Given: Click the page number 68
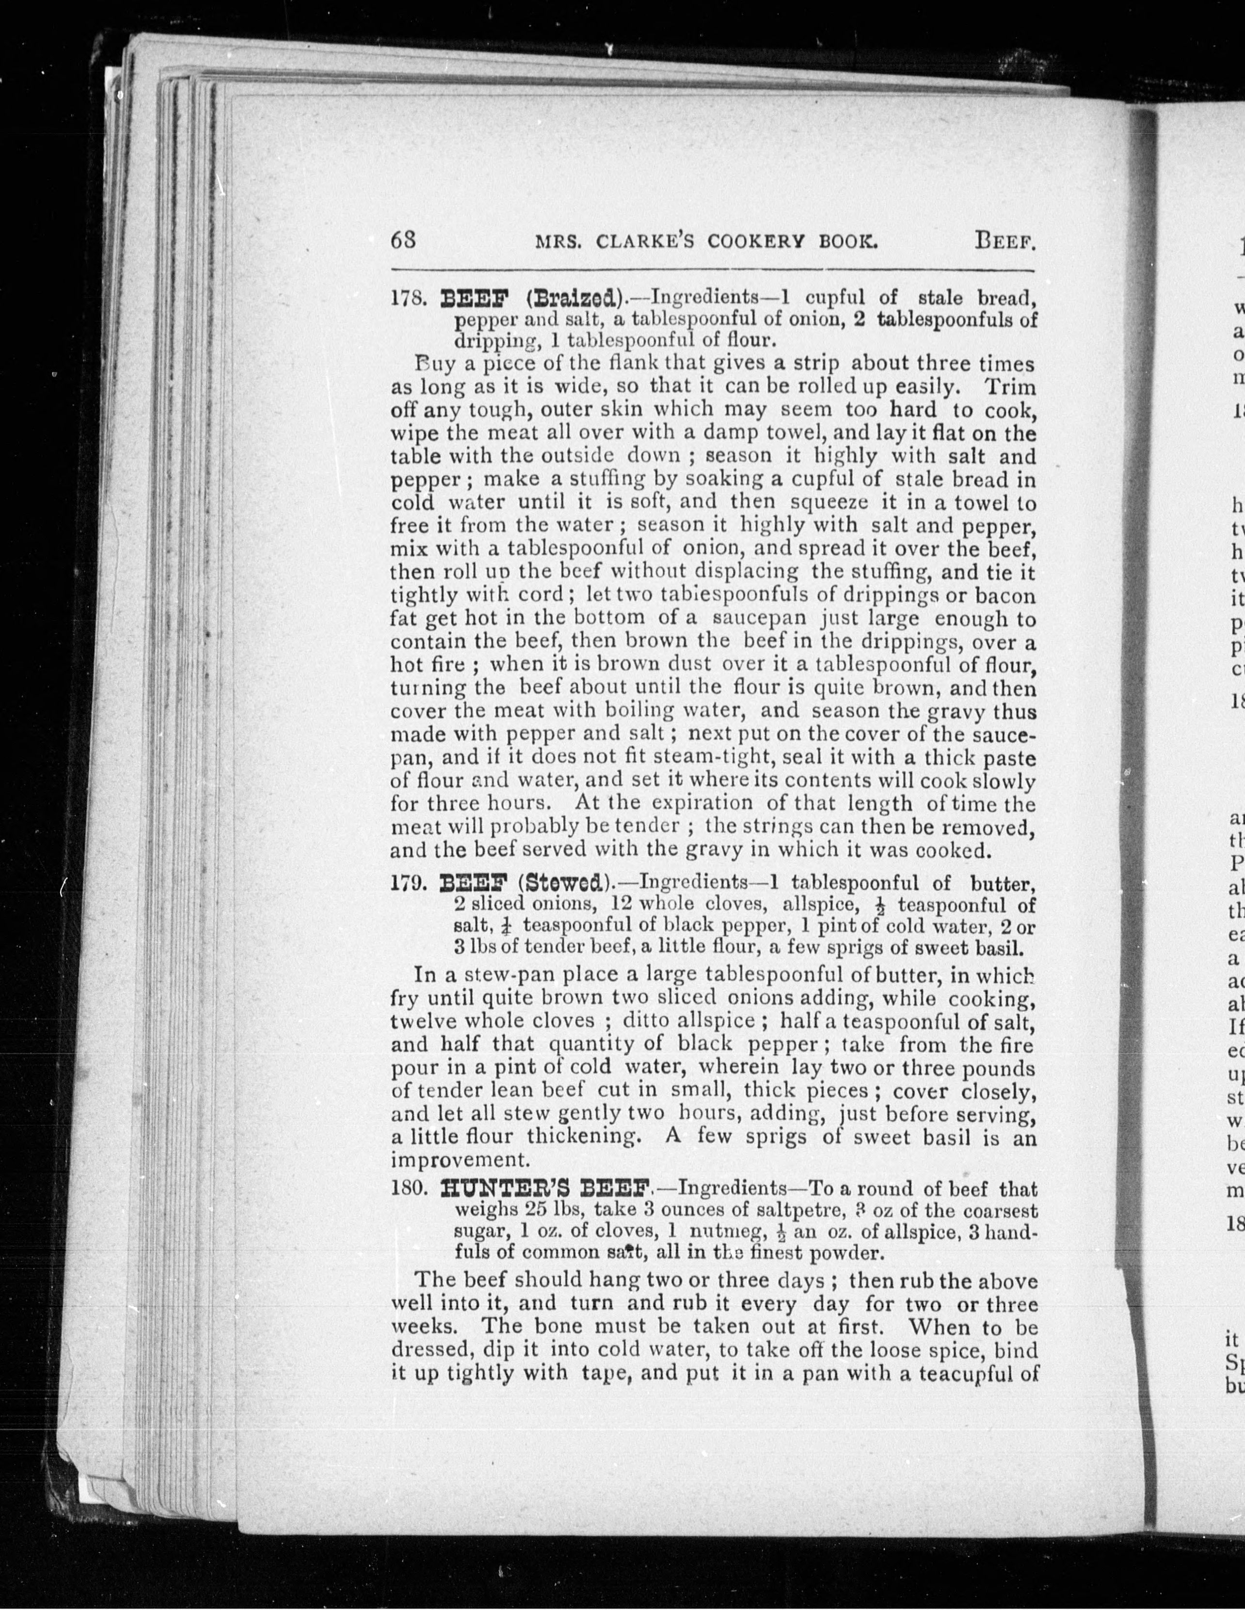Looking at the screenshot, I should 404,241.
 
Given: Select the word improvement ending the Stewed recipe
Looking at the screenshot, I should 459,1159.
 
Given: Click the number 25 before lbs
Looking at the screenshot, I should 540,1211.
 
